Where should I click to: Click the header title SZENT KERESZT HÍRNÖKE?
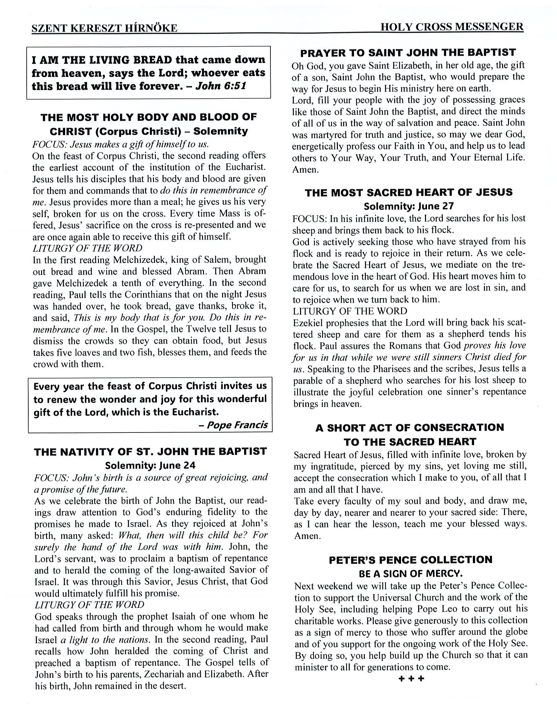(104, 28)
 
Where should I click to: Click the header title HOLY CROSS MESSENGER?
(452, 27)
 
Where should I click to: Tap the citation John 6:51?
(221, 86)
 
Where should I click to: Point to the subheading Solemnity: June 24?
(150, 465)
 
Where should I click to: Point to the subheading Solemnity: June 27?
(409, 206)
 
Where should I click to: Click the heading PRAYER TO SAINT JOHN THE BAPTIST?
(408, 53)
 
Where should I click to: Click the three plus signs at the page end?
(411, 679)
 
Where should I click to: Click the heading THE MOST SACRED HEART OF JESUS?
(409, 192)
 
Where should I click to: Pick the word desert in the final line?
(171, 686)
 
